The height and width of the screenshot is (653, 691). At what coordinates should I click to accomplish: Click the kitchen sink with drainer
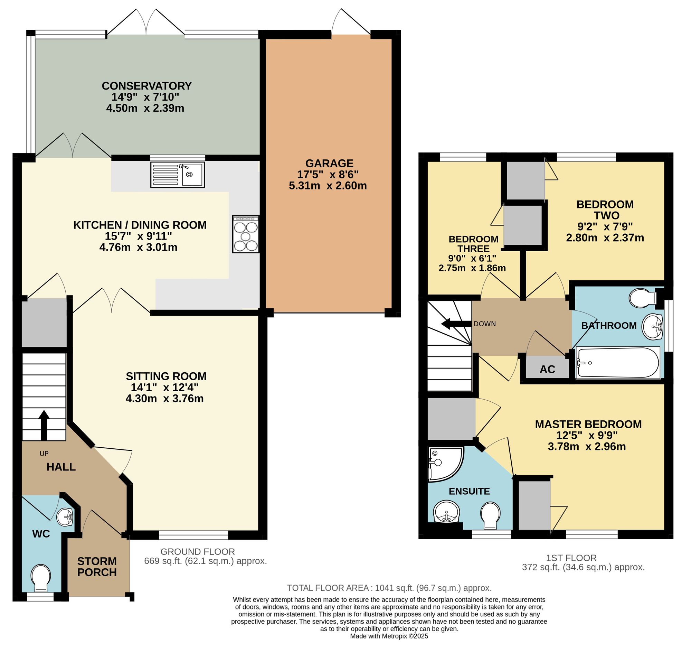(x=178, y=174)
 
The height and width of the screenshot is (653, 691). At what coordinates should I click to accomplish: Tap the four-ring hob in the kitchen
(x=246, y=234)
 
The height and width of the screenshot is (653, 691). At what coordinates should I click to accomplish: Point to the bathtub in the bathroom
(x=618, y=363)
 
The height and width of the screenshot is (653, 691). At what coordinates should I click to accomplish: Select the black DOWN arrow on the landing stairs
(x=456, y=324)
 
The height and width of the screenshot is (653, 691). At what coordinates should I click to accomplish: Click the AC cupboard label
(x=547, y=369)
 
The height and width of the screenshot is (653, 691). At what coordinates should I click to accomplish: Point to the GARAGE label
(x=329, y=163)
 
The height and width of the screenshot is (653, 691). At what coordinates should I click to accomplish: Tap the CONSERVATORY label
(x=146, y=86)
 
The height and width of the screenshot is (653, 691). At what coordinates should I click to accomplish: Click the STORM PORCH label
(x=97, y=567)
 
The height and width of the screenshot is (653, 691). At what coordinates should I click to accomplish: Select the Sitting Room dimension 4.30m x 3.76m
(x=164, y=399)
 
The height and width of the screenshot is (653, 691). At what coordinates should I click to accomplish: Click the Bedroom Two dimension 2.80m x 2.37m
(x=605, y=238)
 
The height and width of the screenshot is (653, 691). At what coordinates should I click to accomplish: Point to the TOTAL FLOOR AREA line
(x=389, y=588)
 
